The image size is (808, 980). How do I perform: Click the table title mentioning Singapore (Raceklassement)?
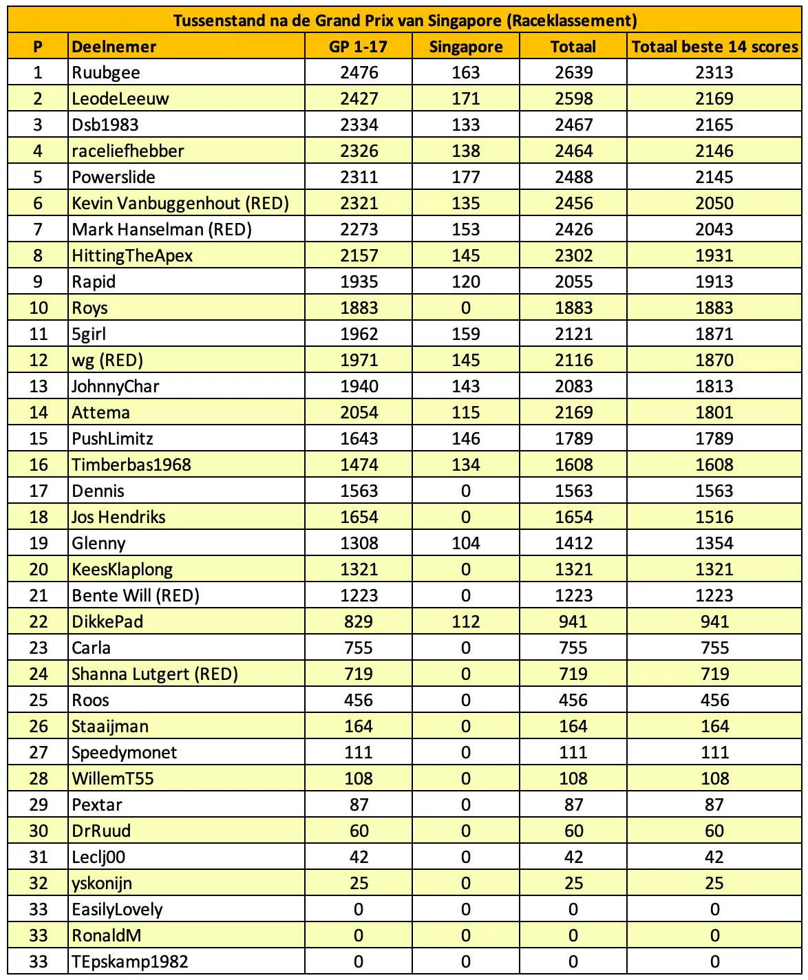point(405,20)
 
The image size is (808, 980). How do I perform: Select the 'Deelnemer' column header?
point(114,47)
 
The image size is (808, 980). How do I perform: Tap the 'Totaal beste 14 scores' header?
point(714,47)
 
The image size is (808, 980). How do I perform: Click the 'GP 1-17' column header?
point(359,47)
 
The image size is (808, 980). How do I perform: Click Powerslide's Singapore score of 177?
point(466,178)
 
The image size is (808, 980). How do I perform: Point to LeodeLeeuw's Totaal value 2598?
point(573,99)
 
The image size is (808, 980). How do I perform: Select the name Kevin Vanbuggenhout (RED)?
point(180,204)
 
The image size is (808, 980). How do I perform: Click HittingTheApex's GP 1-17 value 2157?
point(359,256)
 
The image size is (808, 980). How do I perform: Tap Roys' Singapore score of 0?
point(466,308)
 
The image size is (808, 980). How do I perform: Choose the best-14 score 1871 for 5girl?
point(714,334)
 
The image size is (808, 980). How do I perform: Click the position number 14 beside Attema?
point(39,413)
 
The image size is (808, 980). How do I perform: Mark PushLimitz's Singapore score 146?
point(466,439)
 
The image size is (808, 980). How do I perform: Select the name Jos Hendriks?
point(118,518)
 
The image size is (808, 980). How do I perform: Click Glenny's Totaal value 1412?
point(573,544)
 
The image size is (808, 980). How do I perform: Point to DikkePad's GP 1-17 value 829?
point(359,622)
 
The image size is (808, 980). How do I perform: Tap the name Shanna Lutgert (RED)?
point(155,674)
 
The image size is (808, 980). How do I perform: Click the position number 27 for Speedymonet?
point(39,753)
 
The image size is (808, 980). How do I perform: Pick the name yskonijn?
point(102,884)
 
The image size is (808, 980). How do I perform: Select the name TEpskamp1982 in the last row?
point(130,962)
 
